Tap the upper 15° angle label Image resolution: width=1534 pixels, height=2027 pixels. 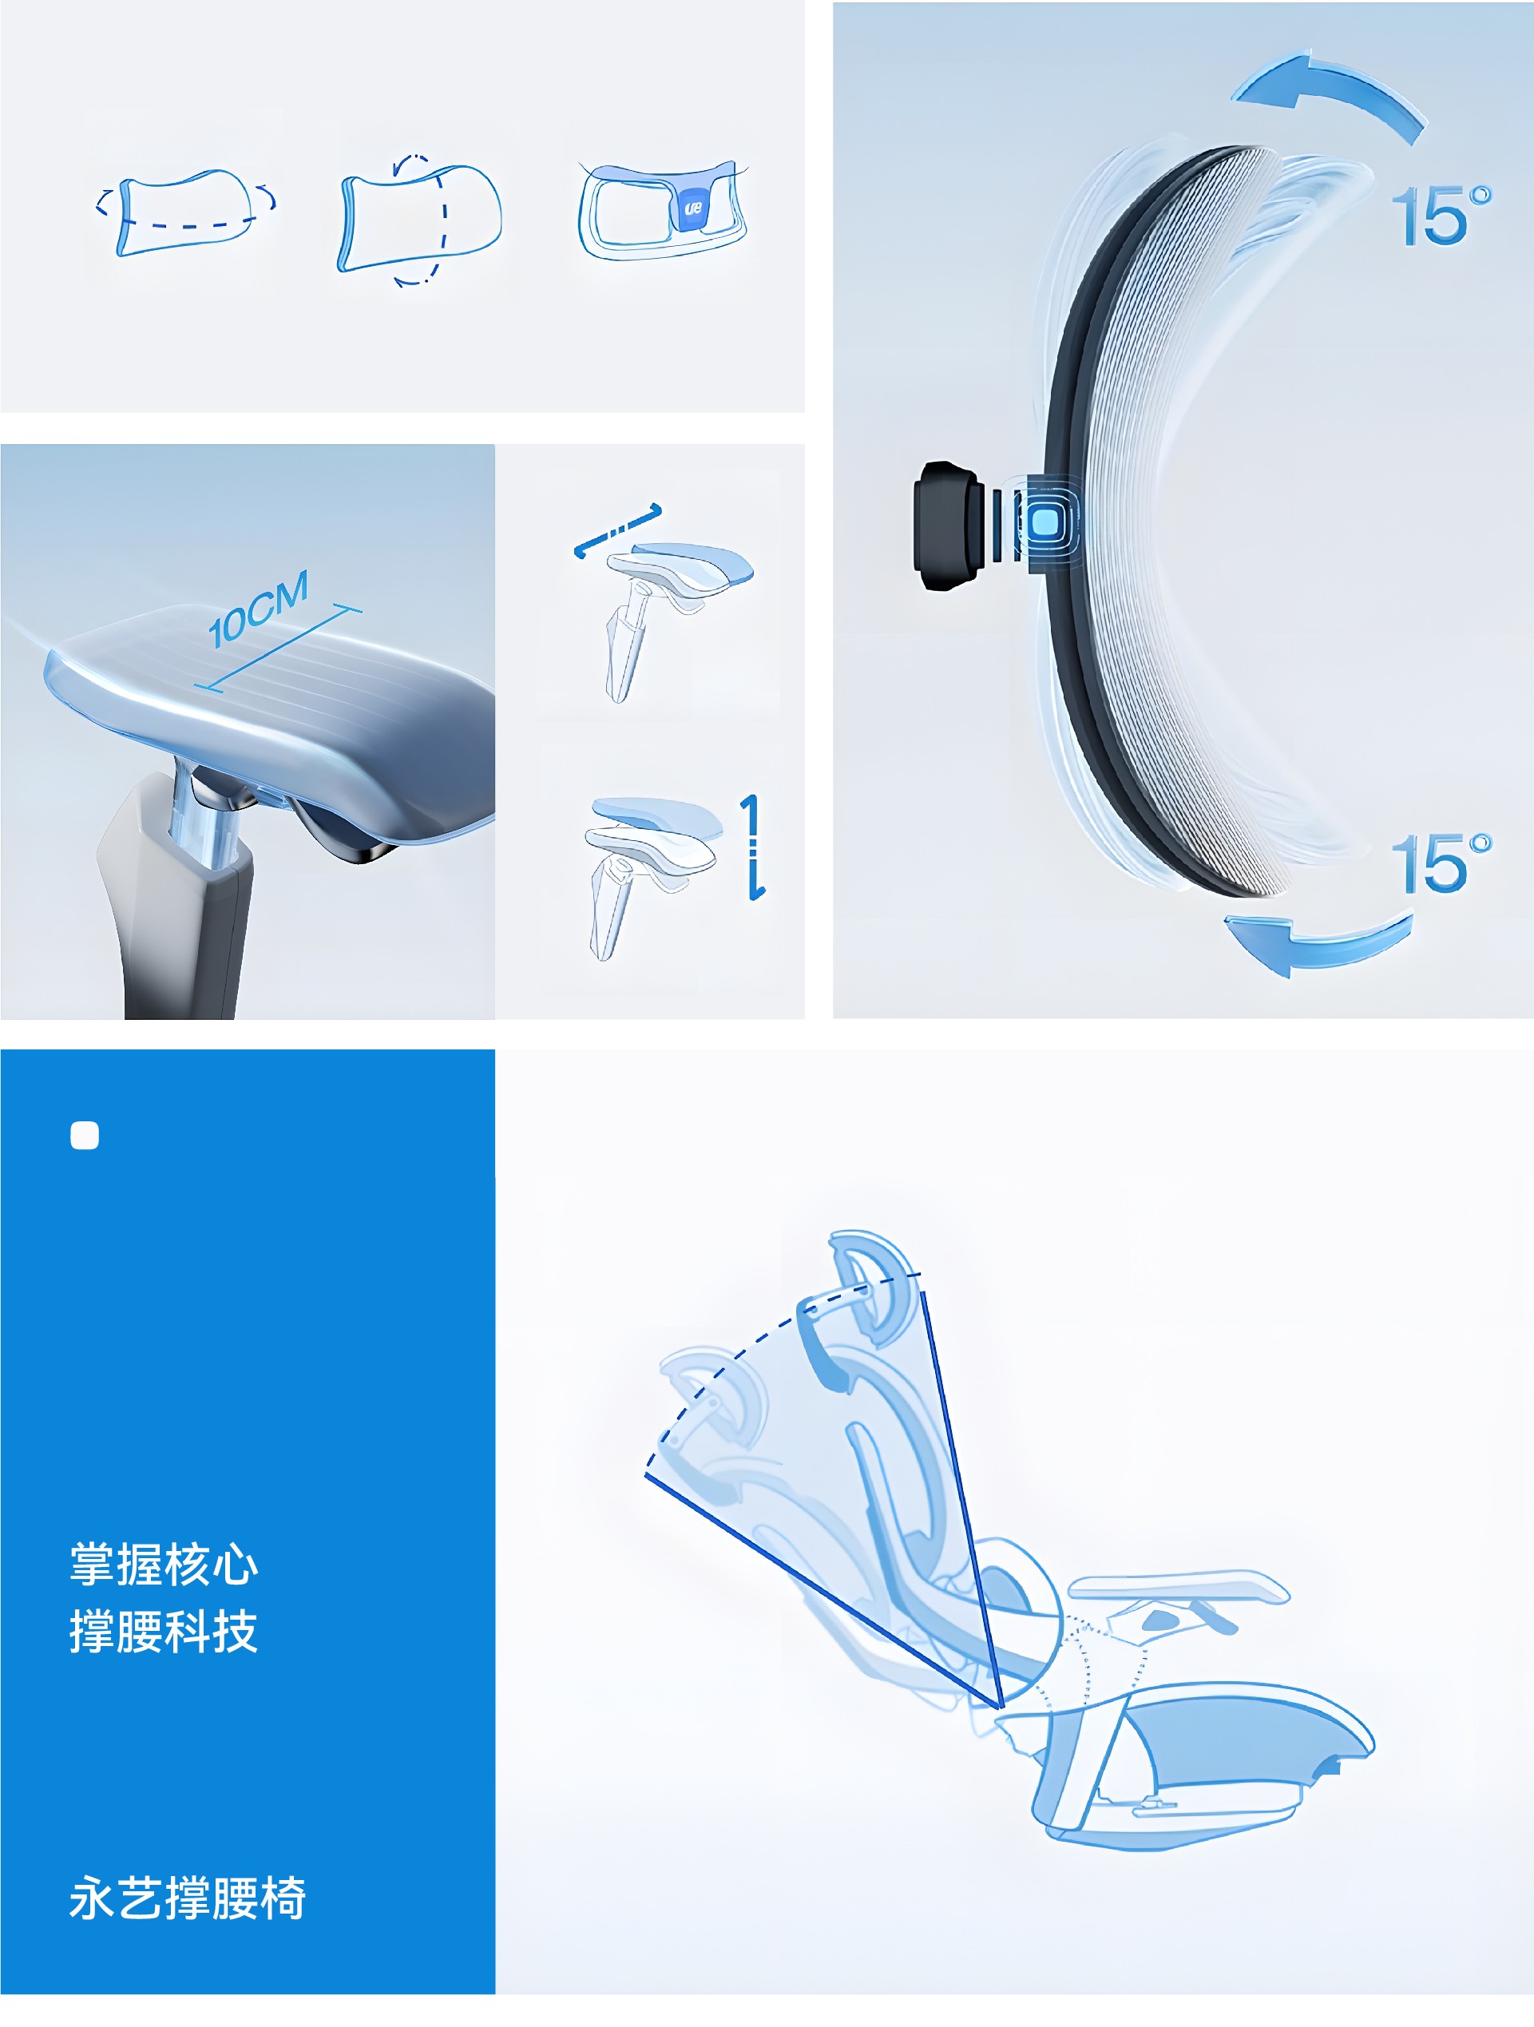(1441, 216)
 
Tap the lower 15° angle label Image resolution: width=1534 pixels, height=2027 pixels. (1441, 863)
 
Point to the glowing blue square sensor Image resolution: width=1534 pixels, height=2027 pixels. (1045, 522)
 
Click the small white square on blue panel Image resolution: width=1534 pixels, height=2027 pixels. (85, 1136)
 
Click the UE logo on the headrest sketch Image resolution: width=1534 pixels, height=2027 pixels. (693, 208)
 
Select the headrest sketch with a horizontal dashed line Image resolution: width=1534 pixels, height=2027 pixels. (186, 212)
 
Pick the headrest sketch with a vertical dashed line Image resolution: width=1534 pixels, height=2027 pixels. (420, 219)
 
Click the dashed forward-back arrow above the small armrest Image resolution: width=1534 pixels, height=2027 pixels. (617, 530)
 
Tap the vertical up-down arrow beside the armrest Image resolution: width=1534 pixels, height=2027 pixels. (752, 847)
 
